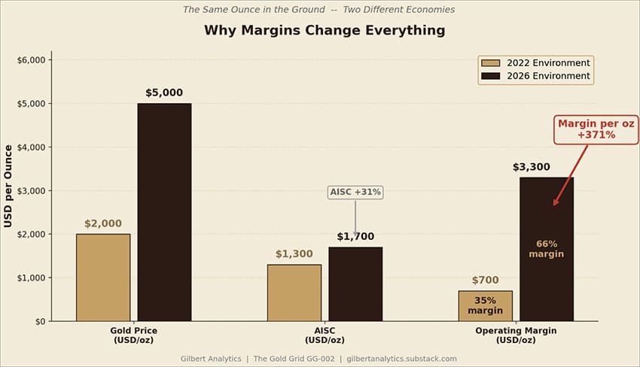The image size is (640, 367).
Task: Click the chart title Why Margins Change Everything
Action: [325, 31]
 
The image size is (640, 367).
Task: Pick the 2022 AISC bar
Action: [294, 293]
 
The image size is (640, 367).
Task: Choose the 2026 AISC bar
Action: [355, 284]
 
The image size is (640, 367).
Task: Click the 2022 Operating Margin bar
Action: [486, 306]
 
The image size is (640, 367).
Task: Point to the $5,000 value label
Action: [164, 93]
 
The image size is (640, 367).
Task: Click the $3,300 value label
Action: [532, 167]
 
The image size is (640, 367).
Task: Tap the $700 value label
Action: [486, 281]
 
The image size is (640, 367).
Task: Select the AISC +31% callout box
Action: [355, 192]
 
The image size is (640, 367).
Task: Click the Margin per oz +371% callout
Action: [596, 129]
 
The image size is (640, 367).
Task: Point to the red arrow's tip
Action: [554, 205]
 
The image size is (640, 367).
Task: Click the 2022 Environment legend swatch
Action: [490, 63]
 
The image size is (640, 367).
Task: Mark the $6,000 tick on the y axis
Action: [50, 60]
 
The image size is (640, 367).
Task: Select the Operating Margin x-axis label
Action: [516, 335]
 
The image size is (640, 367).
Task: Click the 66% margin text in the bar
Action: [546, 249]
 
